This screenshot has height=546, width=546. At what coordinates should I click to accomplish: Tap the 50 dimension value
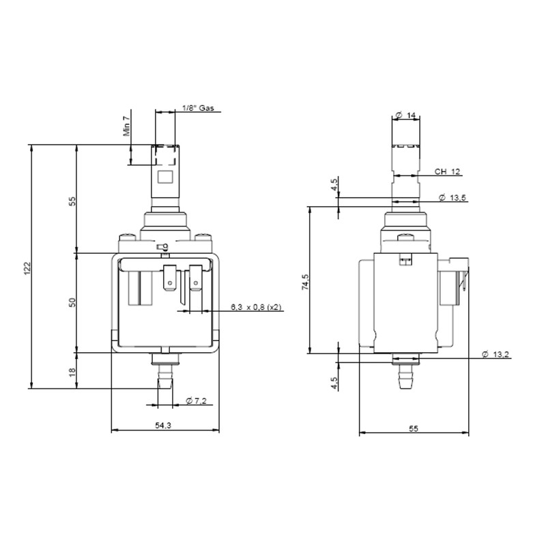click(72, 302)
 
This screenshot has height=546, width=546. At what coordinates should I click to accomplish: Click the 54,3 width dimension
click(163, 425)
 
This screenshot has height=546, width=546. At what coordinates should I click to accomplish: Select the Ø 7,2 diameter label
click(195, 401)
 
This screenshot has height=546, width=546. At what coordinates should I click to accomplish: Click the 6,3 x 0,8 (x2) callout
click(256, 307)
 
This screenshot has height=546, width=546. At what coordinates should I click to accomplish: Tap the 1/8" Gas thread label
click(199, 109)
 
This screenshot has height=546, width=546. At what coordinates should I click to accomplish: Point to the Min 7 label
click(126, 127)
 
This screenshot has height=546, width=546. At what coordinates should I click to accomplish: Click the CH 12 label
click(447, 171)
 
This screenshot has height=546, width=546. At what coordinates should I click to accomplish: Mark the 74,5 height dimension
click(306, 281)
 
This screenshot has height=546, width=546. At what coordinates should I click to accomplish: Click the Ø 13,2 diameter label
click(495, 354)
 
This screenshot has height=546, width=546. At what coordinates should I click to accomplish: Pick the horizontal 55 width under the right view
click(414, 429)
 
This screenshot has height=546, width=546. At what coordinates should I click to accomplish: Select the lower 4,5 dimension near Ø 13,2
click(334, 384)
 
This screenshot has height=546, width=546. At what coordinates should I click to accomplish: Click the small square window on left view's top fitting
click(164, 177)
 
